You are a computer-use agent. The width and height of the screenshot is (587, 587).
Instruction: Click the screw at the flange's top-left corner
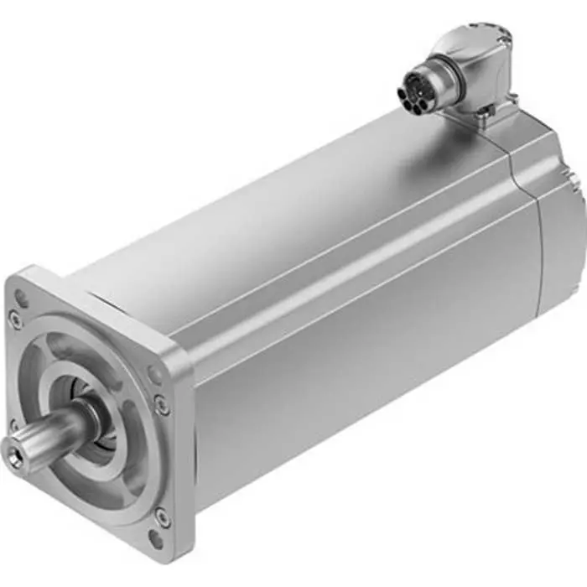pos(16,319)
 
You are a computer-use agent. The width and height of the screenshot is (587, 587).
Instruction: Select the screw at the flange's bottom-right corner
pos(162,518)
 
